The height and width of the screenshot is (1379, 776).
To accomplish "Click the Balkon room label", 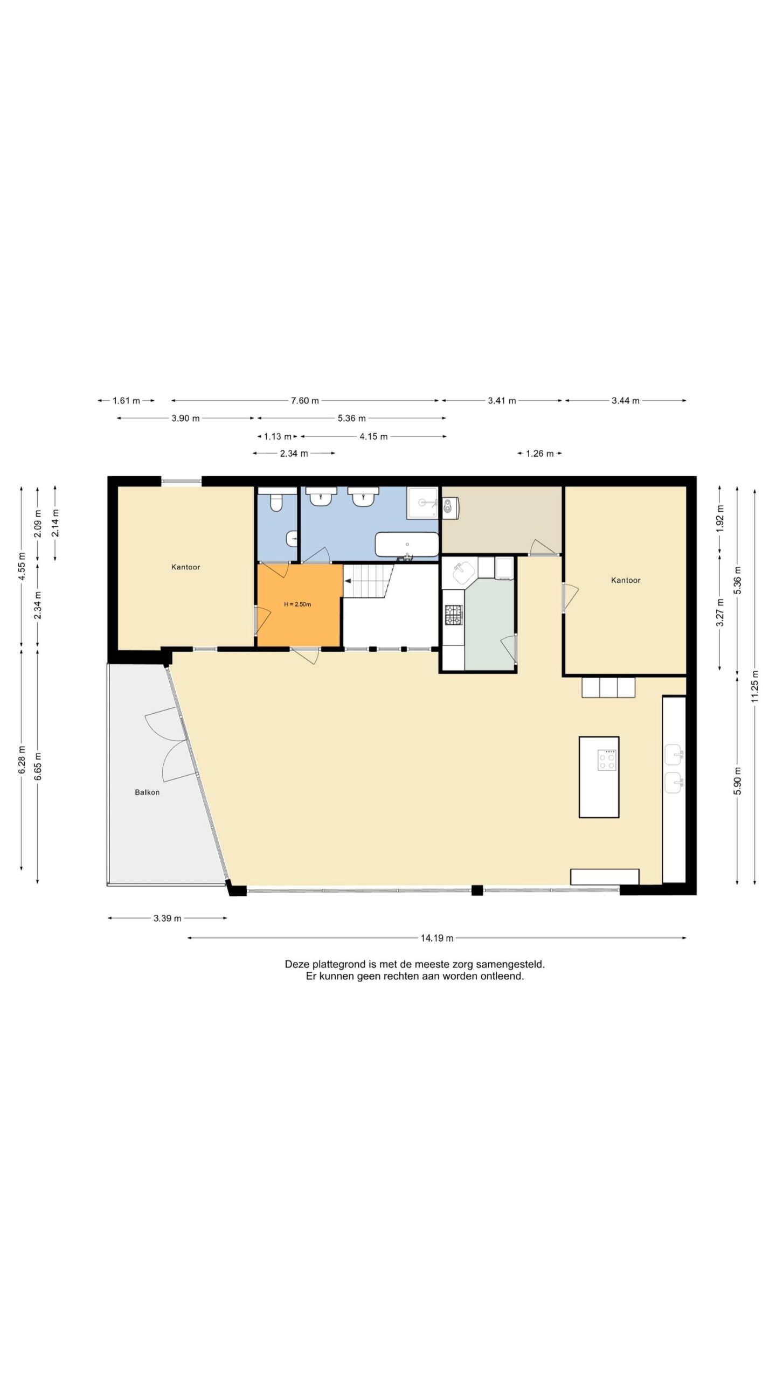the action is (147, 792).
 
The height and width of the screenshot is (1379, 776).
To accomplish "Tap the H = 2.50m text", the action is (297, 604).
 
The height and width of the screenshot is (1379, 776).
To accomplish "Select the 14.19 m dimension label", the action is (437, 938).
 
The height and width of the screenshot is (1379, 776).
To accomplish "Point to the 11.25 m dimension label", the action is (754, 686).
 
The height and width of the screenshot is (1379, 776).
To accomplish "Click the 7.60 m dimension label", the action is (305, 401).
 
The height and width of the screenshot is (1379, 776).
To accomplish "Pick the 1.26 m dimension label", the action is (540, 454).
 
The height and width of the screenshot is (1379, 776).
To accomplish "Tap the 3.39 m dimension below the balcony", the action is (168, 918).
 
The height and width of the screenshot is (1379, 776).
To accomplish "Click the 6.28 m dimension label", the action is (22, 760).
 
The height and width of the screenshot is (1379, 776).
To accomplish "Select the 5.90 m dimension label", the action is (738, 781).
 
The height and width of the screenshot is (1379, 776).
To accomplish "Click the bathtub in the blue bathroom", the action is (407, 545).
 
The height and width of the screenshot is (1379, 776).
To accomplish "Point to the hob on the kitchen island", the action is (607, 760).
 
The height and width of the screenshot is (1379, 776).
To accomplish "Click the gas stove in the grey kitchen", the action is (453, 615).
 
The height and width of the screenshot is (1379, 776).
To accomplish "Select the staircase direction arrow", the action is (348, 581).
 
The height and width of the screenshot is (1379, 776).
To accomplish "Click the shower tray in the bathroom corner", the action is (423, 503).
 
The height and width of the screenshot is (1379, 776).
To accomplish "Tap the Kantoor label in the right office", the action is (626, 580).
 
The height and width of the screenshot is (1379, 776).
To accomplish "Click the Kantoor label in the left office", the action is (186, 567).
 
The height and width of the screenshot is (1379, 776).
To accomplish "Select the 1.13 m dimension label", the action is (278, 436).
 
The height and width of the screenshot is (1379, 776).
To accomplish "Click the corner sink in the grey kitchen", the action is (463, 573).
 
